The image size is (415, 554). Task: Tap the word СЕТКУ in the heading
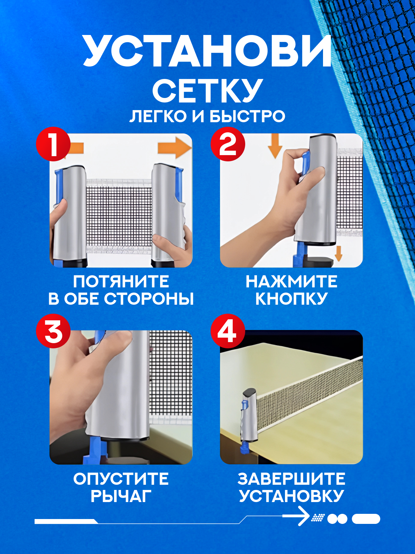tap(207, 90)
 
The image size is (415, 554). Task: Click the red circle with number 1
tap(53, 144)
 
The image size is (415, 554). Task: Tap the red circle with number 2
tap(228, 144)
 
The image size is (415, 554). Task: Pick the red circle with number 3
tap(53, 331)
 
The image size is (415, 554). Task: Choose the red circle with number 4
tap(228, 331)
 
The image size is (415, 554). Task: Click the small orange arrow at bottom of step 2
tap(339, 253)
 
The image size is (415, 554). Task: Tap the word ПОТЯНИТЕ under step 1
tap(121, 282)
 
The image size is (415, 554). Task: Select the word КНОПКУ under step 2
tap(292, 299)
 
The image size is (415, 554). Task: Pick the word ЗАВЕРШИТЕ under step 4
tap(292, 479)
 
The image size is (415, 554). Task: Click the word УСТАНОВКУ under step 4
tap(292, 496)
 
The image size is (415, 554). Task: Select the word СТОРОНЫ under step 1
tap(149, 299)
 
